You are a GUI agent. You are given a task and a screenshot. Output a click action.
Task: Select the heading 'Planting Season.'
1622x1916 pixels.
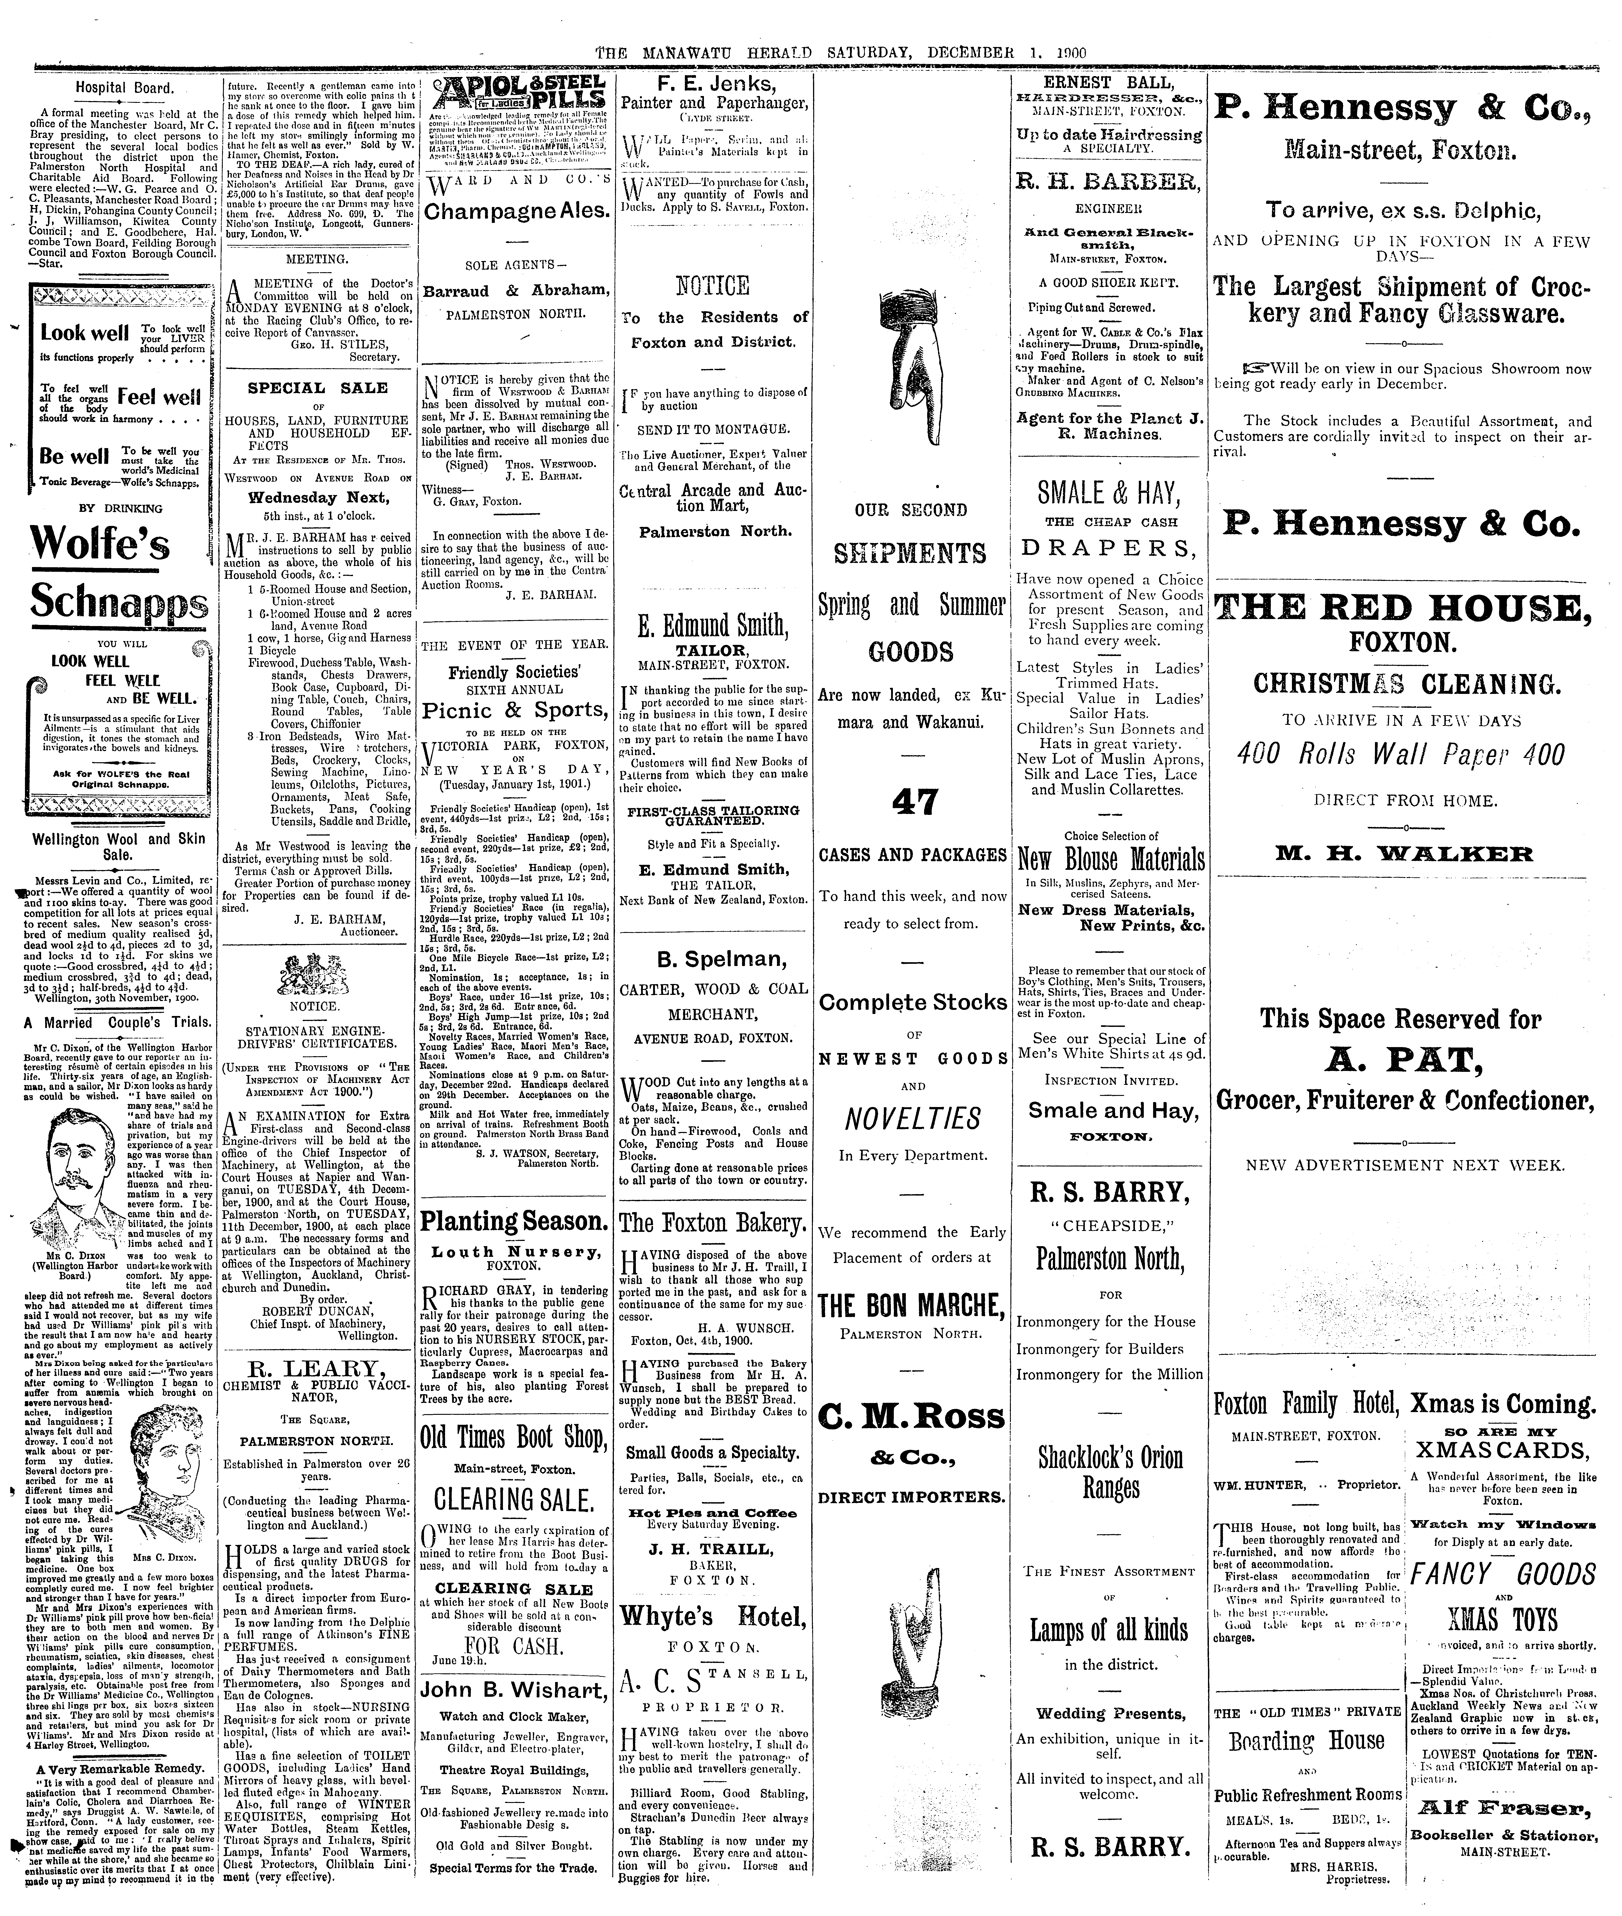(x=513, y=1221)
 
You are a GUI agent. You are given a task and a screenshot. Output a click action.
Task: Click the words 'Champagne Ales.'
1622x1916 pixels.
(x=517, y=211)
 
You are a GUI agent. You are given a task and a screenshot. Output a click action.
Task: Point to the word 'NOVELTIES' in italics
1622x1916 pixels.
(x=913, y=1119)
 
